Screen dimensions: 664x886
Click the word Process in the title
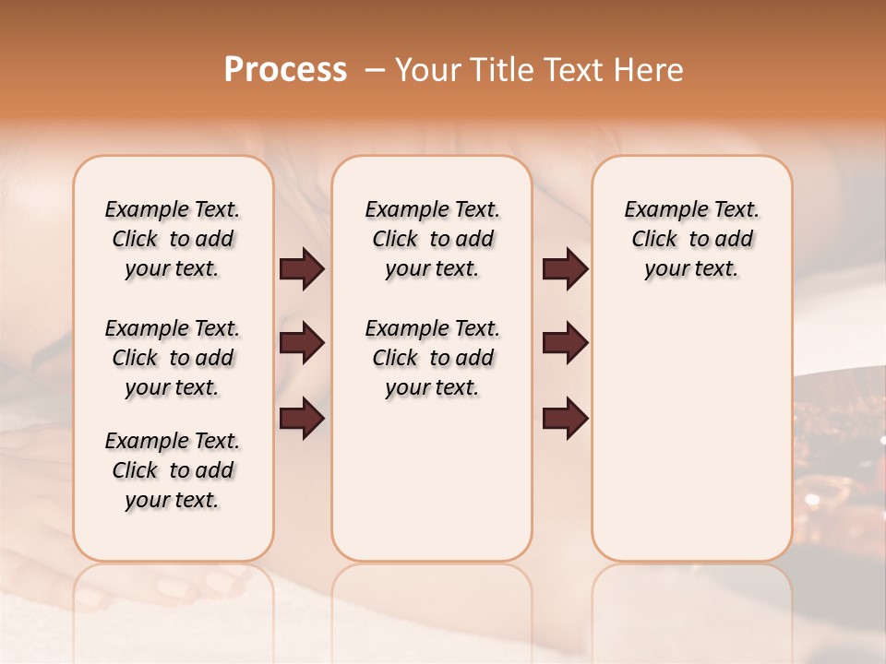coord(285,69)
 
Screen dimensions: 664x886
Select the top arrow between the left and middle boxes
coord(302,269)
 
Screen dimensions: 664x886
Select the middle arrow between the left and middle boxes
coord(302,343)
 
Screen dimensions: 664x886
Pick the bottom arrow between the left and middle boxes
coord(302,418)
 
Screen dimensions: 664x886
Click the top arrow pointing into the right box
coord(565,269)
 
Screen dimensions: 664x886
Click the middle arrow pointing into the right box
coord(565,343)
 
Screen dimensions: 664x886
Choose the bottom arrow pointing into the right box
coord(565,418)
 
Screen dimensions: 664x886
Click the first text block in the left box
coord(173,239)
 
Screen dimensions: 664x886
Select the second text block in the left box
coord(173,358)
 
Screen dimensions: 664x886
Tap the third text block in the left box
coord(173,470)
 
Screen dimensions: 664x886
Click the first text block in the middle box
coord(433,239)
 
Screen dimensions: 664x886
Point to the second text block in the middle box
coord(433,358)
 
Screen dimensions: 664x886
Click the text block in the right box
coord(692,239)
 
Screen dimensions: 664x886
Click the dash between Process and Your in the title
coord(375,70)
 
